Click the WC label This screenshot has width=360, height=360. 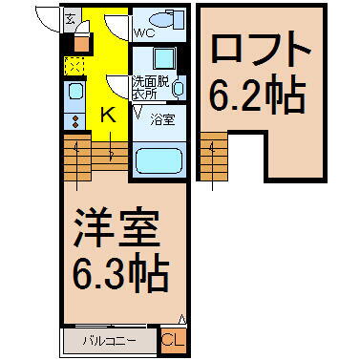click(144, 33)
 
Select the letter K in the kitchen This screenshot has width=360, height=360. click(108, 116)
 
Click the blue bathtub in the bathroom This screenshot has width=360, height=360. click(159, 158)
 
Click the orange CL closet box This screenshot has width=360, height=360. click(174, 340)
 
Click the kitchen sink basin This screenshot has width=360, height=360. click(75, 94)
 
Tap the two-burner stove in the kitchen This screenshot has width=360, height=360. click(74, 120)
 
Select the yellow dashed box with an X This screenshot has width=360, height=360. click(74, 65)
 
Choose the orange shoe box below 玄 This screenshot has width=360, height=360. click(80, 42)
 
